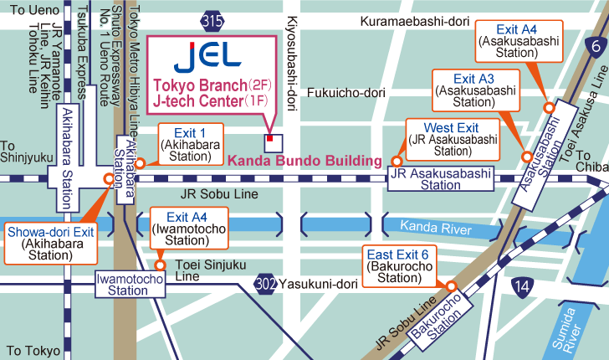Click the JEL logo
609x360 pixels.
coord(208,56)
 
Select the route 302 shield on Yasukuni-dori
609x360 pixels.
coord(265,283)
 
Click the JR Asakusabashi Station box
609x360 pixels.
coord(442,179)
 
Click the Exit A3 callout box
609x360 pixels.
coord(473,91)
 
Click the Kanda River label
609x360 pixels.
coord(430,226)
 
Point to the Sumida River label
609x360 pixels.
coord(571,328)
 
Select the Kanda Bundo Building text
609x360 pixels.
coord(305,160)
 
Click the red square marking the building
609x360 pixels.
coord(269,139)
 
